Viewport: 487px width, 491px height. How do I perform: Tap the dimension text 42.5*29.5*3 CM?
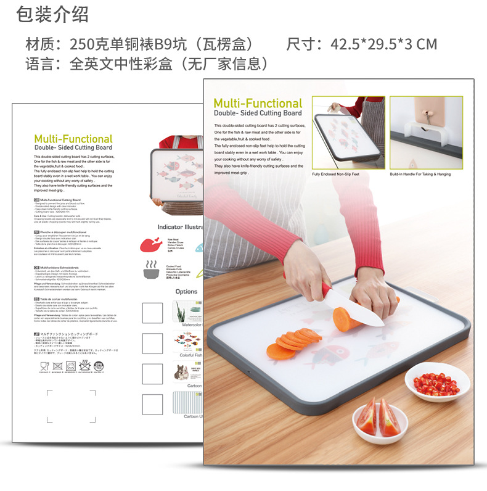(x=383, y=44)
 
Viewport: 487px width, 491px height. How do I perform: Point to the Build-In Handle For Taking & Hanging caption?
(x=425, y=175)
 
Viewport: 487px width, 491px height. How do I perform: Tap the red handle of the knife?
(x=327, y=291)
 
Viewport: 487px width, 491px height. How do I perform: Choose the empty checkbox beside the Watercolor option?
(x=152, y=313)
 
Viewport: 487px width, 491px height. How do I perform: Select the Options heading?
(x=186, y=292)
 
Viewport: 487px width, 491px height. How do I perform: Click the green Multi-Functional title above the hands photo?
(x=258, y=104)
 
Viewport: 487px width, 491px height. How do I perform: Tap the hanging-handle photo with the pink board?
(x=425, y=132)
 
